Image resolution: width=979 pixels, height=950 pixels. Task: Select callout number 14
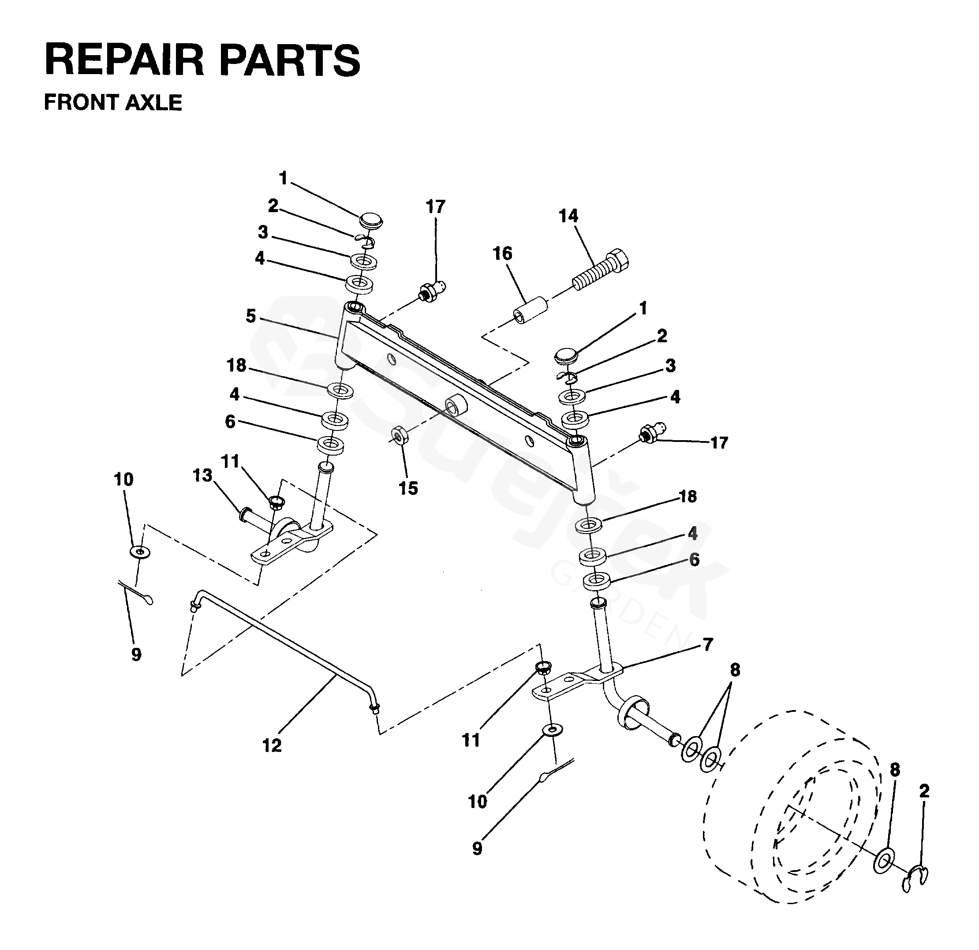568,216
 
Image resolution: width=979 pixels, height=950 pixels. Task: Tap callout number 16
502,254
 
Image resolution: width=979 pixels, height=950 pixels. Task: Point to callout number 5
251,316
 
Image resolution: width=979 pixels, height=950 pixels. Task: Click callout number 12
272,746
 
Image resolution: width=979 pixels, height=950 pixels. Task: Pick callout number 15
408,488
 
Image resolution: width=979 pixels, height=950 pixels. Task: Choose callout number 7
708,644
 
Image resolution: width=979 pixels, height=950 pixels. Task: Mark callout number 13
202,475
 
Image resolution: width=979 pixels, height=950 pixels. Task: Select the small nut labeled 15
400,434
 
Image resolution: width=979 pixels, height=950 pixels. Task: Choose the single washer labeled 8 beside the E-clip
884,860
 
